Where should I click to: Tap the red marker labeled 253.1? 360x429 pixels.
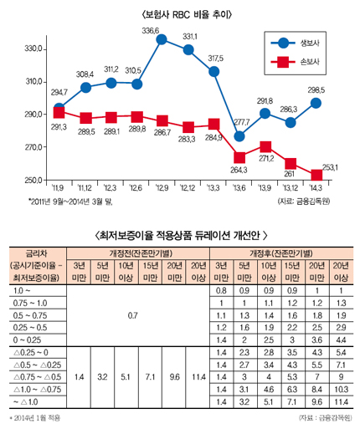coord(316,175)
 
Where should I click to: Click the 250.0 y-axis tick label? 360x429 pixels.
coord(33,181)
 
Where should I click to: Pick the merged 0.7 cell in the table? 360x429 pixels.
coord(132,317)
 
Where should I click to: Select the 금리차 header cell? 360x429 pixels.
coord(36,251)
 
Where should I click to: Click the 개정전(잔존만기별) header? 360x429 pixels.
coord(132,251)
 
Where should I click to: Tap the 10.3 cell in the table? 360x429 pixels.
coord(341,391)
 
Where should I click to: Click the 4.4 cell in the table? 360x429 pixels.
coord(341,341)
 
